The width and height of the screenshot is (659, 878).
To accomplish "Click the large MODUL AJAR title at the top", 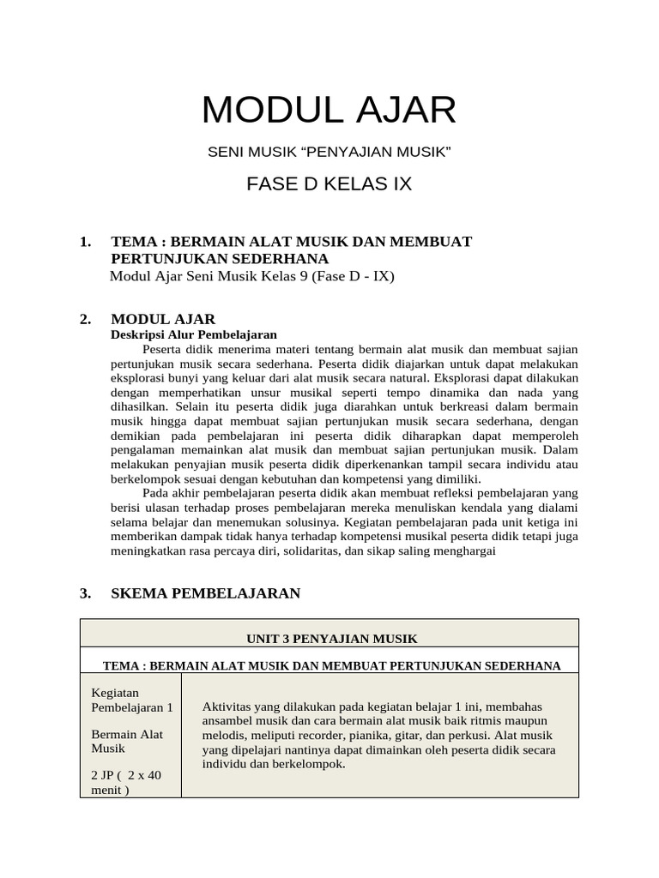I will tap(329, 111).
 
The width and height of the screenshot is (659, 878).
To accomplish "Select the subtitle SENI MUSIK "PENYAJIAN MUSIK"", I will tap(329, 152).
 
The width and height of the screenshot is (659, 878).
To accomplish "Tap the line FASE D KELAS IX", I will tap(329, 183).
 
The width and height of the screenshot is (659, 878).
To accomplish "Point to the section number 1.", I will tap(85, 242).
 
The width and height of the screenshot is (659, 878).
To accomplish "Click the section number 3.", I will tap(85, 592).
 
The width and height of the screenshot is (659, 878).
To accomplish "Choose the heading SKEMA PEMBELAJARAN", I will tap(206, 592).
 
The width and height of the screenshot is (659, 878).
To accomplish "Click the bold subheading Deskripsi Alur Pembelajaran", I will tap(194, 334).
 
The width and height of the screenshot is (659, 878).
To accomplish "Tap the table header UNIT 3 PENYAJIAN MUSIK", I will tap(330, 639).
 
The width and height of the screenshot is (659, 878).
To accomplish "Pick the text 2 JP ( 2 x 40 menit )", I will tap(126, 782).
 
